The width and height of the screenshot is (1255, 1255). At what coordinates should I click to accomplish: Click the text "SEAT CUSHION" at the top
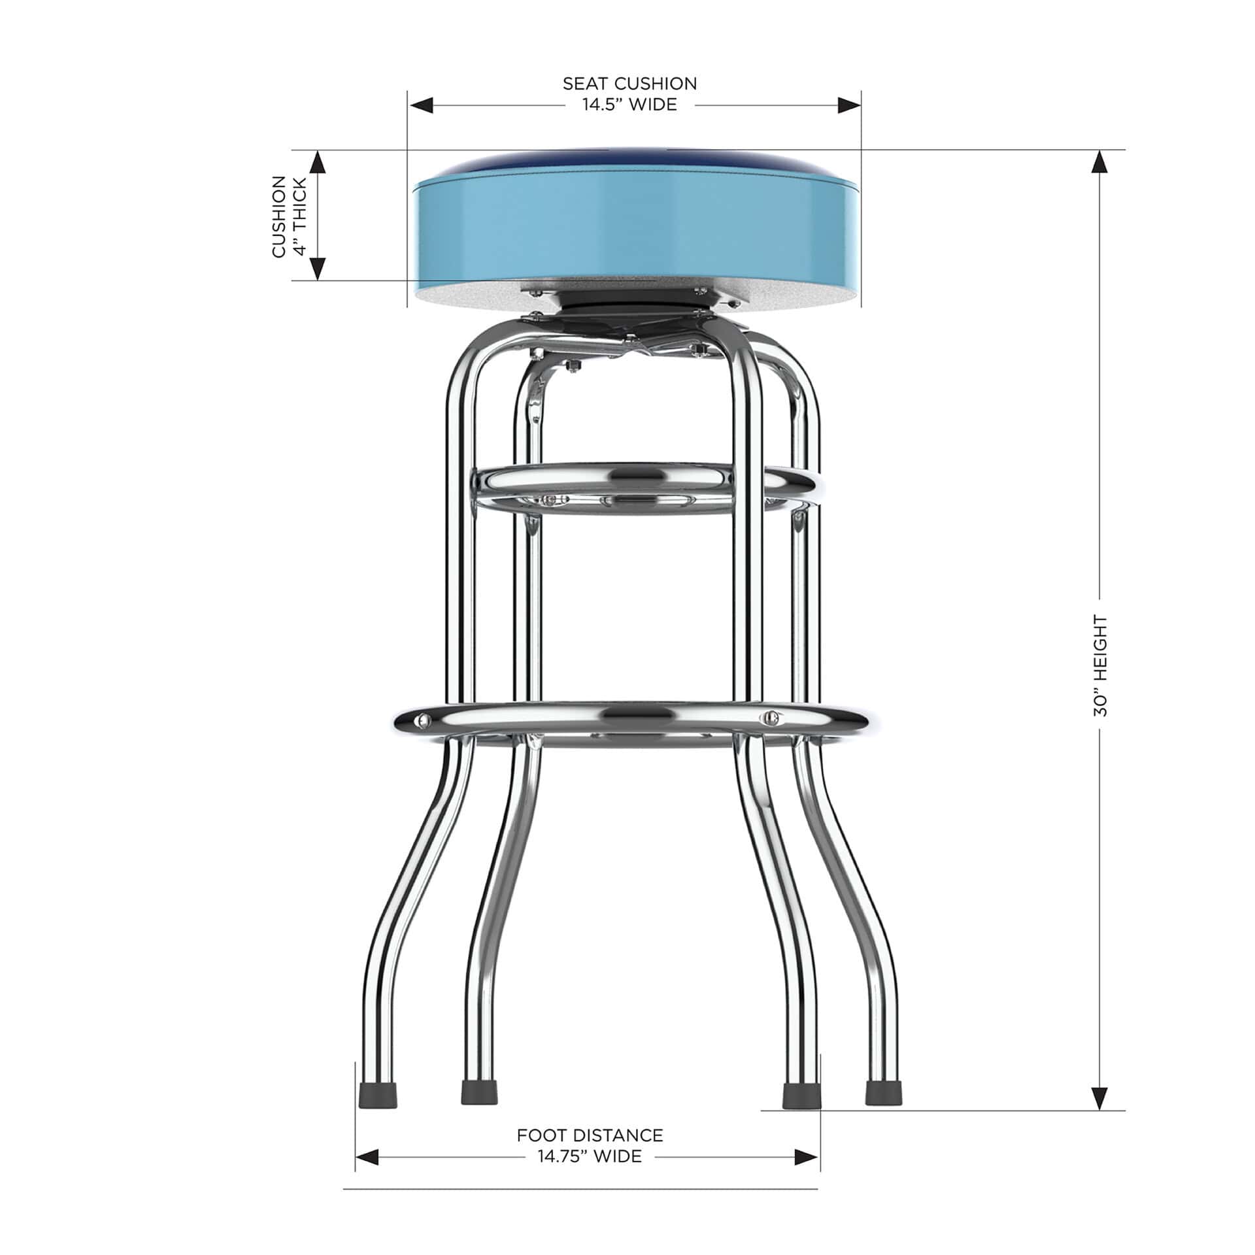click(x=629, y=84)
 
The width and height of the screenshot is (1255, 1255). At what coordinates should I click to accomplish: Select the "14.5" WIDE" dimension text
click(x=629, y=105)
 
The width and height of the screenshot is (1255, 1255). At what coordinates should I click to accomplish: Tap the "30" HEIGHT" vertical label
click(x=1101, y=665)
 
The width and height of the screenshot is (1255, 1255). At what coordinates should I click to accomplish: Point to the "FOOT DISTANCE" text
click(x=590, y=1135)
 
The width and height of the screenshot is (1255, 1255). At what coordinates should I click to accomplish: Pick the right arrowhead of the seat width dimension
click(x=848, y=105)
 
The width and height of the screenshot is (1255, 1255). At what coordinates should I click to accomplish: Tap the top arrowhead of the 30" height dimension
click(x=1101, y=161)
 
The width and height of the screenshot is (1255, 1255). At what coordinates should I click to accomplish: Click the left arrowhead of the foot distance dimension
click(x=367, y=1156)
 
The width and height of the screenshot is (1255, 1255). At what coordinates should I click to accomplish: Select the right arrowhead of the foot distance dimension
click(x=808, y=1156)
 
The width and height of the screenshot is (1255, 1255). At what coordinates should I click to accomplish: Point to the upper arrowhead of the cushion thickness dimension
click(x=317, y=161)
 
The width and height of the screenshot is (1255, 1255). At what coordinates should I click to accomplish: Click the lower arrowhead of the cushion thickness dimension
click(x=317, y=269)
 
